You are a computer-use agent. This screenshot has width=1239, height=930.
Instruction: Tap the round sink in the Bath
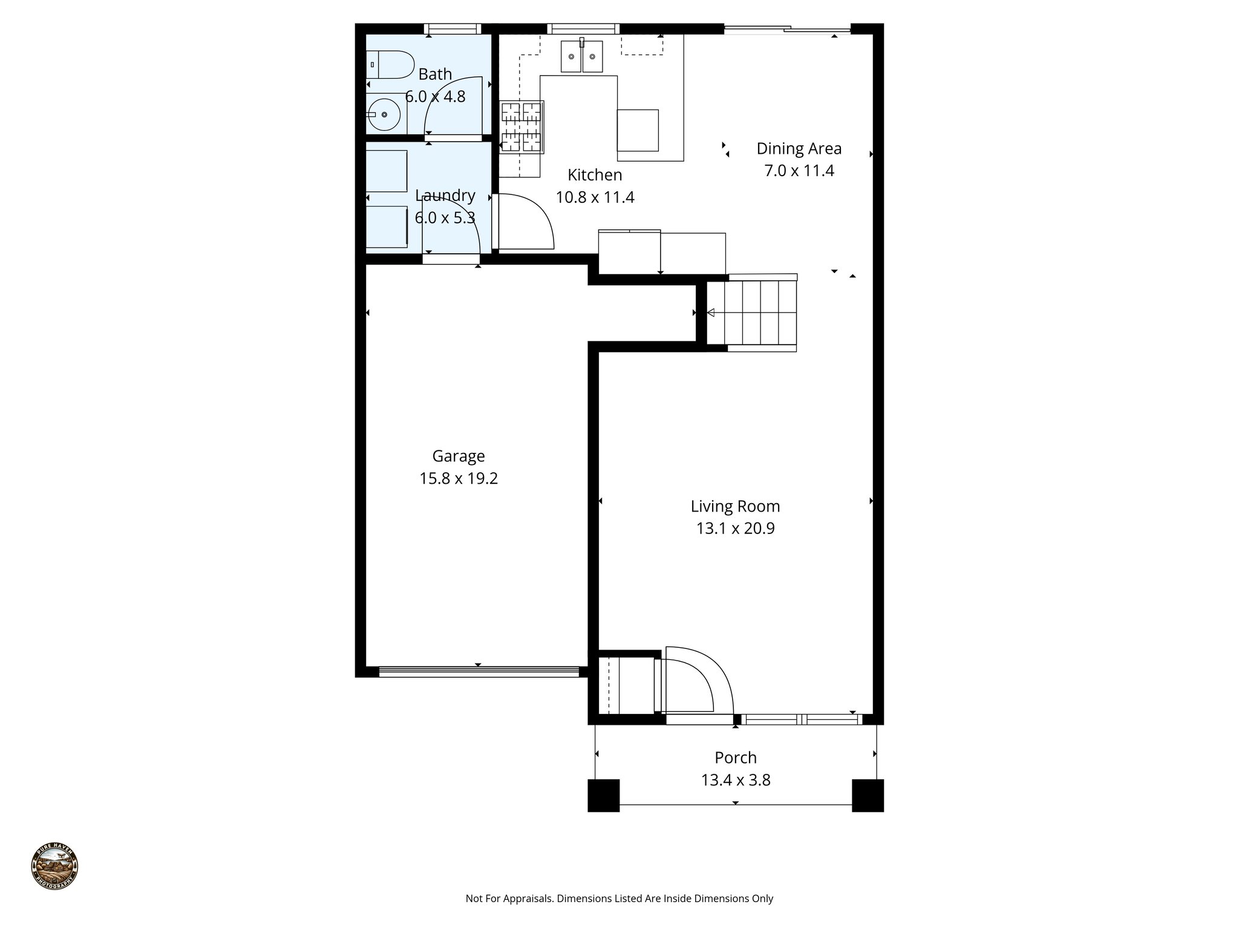[x=384, y=114]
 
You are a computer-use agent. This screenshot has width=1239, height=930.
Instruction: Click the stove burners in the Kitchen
[x=521, y=126]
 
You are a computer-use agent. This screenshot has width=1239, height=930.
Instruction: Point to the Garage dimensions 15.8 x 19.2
[x=459, y=478]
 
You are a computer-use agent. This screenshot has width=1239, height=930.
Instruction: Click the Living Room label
[x=735, y=506]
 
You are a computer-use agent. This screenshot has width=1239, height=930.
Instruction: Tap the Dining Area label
[x=799, y=148]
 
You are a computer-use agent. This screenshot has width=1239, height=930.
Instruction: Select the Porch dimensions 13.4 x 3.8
[x=736, y=780]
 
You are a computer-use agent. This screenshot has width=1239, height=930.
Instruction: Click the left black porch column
[x=604, y=795]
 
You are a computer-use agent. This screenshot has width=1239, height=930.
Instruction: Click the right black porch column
[x=868, y=795]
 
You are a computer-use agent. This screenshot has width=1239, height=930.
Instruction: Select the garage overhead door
[x=478, y=671]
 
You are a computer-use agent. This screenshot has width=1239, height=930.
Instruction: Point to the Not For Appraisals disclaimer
[x=619, y=899]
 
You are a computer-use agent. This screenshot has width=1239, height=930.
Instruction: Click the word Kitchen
[x=595, y=175]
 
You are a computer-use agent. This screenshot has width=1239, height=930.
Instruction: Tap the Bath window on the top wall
[x=453, y=28]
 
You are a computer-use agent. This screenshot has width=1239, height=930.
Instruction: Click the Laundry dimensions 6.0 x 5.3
[x=445, y=218]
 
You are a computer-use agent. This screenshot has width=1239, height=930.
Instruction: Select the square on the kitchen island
[x=638, y=130]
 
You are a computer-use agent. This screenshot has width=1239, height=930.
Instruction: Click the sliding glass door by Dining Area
[x=786, y=29]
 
